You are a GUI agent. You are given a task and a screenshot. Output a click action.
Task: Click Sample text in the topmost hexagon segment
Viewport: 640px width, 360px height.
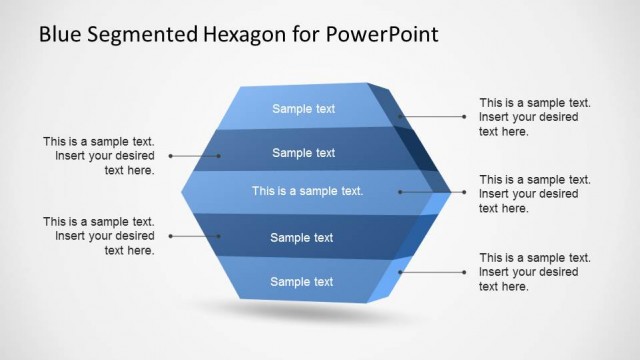click(304, 109)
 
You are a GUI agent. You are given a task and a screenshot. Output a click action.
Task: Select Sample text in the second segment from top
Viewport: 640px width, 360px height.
click(304, 153)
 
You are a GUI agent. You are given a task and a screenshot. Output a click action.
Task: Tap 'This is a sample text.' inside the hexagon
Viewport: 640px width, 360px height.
click(307, 190)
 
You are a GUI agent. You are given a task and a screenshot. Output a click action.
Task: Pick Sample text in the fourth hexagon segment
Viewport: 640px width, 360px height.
click(302, 238)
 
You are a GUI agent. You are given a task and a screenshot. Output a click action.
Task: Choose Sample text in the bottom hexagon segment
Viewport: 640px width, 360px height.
click(302, 282)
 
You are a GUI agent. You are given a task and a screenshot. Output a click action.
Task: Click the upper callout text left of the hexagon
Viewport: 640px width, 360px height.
click(99, 156)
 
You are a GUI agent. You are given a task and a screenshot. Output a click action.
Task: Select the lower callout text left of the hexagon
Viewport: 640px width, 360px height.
click(99, 236)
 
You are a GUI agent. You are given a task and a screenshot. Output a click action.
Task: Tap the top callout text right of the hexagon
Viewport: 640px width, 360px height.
click(535, 117)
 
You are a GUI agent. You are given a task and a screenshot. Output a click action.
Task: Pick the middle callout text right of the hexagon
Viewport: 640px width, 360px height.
click(535, 194)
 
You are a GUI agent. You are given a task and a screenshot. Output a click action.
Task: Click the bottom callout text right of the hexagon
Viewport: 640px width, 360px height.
click(535, 272)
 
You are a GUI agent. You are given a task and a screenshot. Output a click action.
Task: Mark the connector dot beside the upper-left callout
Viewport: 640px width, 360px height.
click(171, 156)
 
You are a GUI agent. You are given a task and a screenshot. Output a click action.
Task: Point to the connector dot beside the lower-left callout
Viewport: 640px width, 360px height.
click(171, 236)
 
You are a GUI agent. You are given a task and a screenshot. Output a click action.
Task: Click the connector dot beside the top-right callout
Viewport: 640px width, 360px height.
click(464, 117)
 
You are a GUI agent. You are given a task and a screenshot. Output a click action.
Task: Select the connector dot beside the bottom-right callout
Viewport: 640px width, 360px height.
click(464, 271)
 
